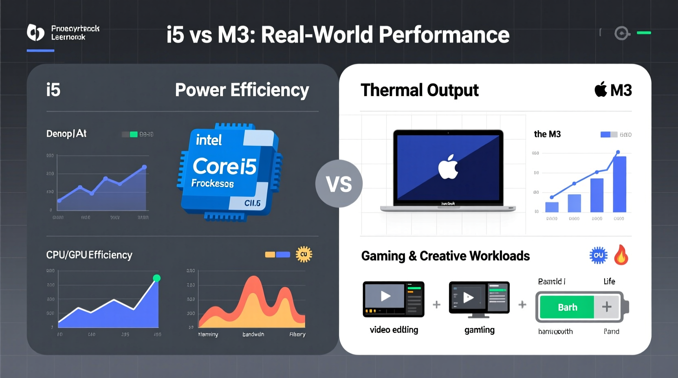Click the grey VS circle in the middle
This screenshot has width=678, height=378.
[339, 184]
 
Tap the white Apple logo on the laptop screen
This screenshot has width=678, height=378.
[448, 167]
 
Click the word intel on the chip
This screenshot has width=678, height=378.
[209, 140]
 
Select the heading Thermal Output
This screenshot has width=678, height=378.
[419, 90]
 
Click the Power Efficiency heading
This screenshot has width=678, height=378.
[242, 90]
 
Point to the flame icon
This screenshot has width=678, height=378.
[621, 255]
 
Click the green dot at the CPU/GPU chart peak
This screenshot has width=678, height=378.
[156, 278]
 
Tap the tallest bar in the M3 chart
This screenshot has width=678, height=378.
[619, 184]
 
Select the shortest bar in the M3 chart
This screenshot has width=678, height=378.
[552, 207]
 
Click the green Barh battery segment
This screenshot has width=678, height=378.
[567, 307]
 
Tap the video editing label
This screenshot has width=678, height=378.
[394, 330]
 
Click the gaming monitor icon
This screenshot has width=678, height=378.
[479, 299]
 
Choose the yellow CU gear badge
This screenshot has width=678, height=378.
[304, 255]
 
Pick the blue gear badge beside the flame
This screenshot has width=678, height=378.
[598, 255]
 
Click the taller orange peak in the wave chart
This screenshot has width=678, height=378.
[254, 285]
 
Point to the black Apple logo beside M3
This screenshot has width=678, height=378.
[601, 90]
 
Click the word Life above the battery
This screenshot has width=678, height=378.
[609, 281]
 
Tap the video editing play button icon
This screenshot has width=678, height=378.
[385, 296]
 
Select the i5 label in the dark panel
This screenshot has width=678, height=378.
[53, 90]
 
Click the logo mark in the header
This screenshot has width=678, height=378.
[35, 33]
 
